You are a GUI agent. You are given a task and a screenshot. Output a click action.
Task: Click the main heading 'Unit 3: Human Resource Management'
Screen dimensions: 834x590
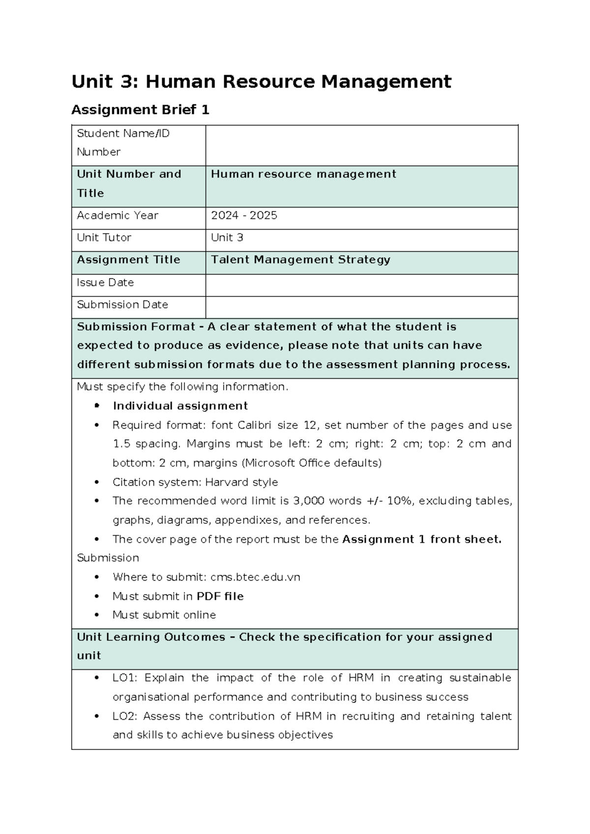tap(261, 82)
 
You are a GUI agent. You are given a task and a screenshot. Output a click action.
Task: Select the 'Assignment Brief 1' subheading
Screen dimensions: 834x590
tap(140, 110)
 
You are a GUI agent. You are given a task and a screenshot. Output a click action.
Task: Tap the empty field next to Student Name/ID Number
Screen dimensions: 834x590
tap(361, 146)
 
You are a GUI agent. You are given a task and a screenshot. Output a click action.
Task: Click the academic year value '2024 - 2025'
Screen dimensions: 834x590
tap(244, 215)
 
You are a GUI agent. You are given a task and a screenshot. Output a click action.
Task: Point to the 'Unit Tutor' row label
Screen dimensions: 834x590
tap(104, 238)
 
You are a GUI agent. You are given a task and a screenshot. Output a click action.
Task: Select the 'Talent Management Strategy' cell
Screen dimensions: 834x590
tap(300, 260)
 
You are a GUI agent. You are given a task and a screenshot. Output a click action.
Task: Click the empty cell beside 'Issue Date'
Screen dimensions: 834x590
tap(361, 285)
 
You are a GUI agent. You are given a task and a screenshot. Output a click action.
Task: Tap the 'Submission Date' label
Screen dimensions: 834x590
tap(122, 305)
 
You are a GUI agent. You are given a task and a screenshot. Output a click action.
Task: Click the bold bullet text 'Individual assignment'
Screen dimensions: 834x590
tap(180, 406)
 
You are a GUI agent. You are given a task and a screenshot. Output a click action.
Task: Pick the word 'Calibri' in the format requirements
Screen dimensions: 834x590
tap(254, 425)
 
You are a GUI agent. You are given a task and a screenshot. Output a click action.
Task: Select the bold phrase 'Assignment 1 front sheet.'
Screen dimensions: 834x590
tap(421, 539)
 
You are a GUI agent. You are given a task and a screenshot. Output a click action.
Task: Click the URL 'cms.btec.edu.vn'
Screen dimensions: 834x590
tap(255, 577)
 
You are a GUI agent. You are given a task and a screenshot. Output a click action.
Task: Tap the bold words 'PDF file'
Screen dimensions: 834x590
tap(220, 596)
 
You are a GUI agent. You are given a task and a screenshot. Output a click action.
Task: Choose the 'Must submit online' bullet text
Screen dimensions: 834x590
tap(164, 615)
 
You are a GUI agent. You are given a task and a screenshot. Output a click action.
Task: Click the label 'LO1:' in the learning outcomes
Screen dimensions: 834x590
tap(125, 678)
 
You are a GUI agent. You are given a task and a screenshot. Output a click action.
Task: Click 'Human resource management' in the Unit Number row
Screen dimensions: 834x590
tap(303, 174)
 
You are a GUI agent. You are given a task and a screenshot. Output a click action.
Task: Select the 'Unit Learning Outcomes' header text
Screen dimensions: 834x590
tap(150, 637)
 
